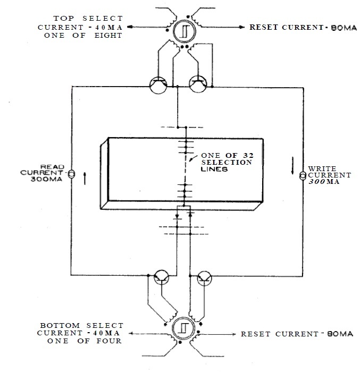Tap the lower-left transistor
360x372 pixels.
[161, 277]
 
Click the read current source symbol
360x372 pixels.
[72, 174]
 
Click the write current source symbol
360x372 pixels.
[303, 175]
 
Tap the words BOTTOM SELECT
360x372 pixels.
[81, 325]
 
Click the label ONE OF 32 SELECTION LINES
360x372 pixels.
[225, 162]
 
